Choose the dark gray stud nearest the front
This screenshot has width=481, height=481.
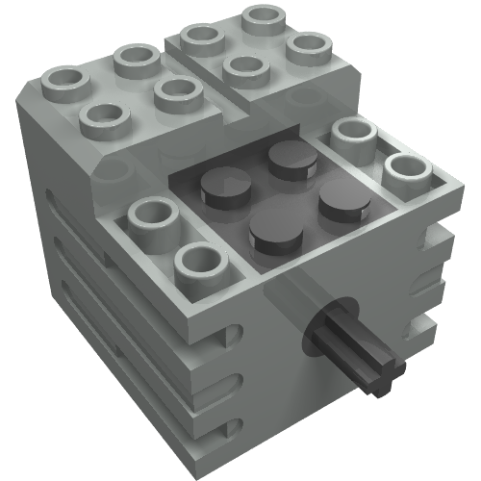click(x=271, y=232)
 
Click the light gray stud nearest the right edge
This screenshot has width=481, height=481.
click(x=409, y=173)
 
